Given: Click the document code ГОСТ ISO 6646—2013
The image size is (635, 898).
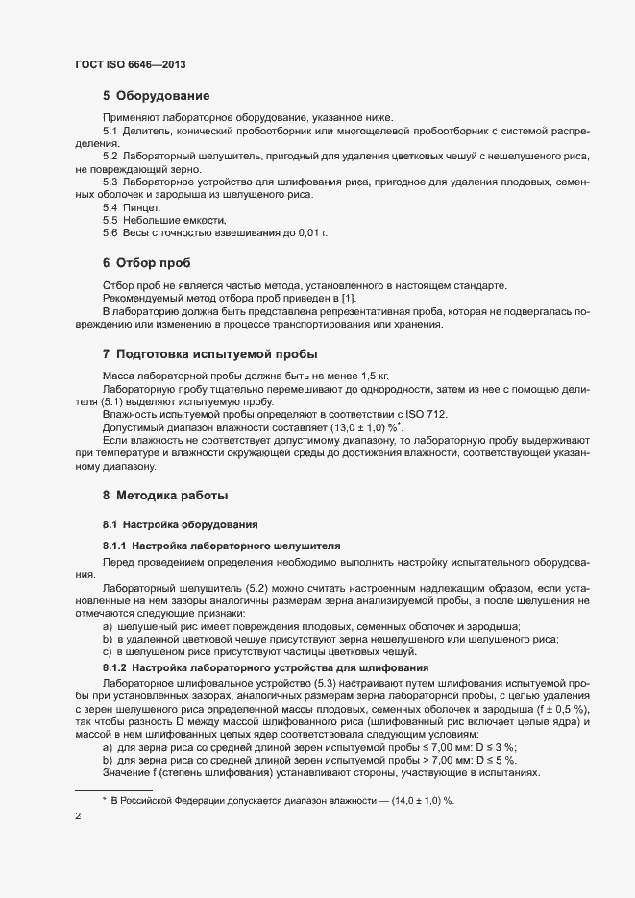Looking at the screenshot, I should [x=130, y=64].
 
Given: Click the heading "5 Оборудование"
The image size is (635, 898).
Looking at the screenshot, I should [x=156, y=96].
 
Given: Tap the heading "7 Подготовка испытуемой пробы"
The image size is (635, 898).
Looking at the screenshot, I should [x=210, y=353].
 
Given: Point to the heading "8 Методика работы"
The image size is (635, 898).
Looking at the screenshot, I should [x=164, y=496].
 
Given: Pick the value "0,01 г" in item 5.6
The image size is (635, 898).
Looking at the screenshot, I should [x=313, y=232].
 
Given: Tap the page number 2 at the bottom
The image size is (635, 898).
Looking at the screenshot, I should [x=78, y=817].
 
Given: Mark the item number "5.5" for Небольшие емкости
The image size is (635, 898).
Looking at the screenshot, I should [x=110, y=220].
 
